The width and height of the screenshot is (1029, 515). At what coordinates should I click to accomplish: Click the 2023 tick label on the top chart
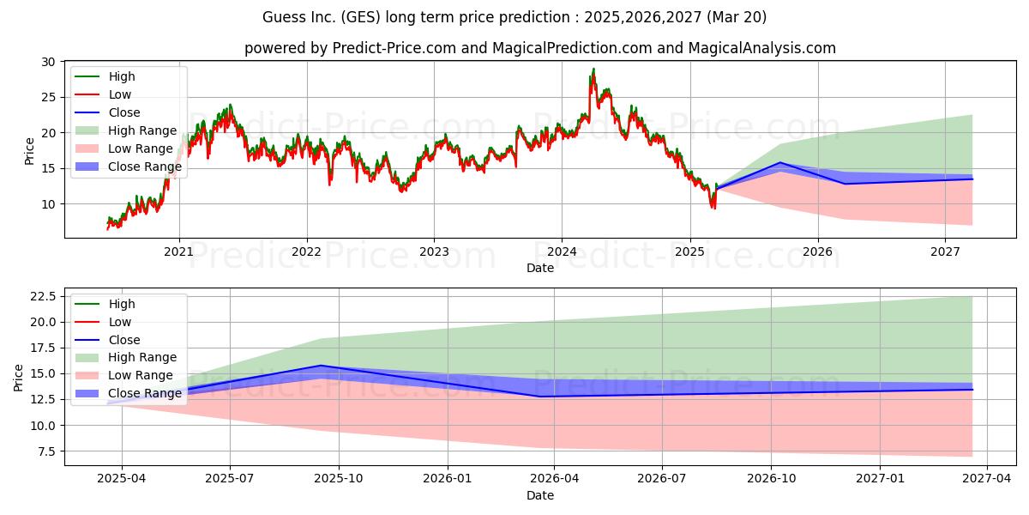pos(434,252)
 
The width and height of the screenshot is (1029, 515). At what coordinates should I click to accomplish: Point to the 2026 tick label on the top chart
pos(817,252)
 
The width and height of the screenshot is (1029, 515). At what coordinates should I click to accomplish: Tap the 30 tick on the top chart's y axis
pos(48,62)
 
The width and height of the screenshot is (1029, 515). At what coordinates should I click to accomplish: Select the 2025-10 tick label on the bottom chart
pos(339,479)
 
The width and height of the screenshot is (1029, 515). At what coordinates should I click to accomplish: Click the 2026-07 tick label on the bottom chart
pos(662,479)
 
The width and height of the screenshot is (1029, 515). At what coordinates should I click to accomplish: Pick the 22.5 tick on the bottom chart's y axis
pos(43,297)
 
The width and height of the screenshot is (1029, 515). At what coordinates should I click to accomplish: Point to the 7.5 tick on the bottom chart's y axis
pos(46,451)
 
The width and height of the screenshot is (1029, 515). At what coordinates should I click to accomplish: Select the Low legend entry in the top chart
pos(103,94)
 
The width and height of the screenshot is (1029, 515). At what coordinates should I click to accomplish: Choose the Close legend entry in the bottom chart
pos(107,340)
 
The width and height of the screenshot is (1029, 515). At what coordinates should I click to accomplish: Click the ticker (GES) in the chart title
pos(360,17)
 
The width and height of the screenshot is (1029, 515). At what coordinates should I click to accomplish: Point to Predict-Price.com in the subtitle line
pos(394,48)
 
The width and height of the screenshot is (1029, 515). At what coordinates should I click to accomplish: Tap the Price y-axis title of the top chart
pos(29,151)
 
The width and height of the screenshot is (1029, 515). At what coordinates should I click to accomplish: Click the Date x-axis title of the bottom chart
pos(540,496)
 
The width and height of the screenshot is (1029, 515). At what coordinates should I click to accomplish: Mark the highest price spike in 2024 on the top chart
pos(593,69)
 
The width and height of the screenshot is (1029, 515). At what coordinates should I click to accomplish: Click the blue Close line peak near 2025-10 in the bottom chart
pos(321,366)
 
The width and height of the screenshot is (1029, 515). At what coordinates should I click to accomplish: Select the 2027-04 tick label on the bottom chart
pos(987,479)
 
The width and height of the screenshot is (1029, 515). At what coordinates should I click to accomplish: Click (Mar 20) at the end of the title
pos(737,17)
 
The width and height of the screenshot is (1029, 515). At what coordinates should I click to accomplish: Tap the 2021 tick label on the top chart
pos(178,252)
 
